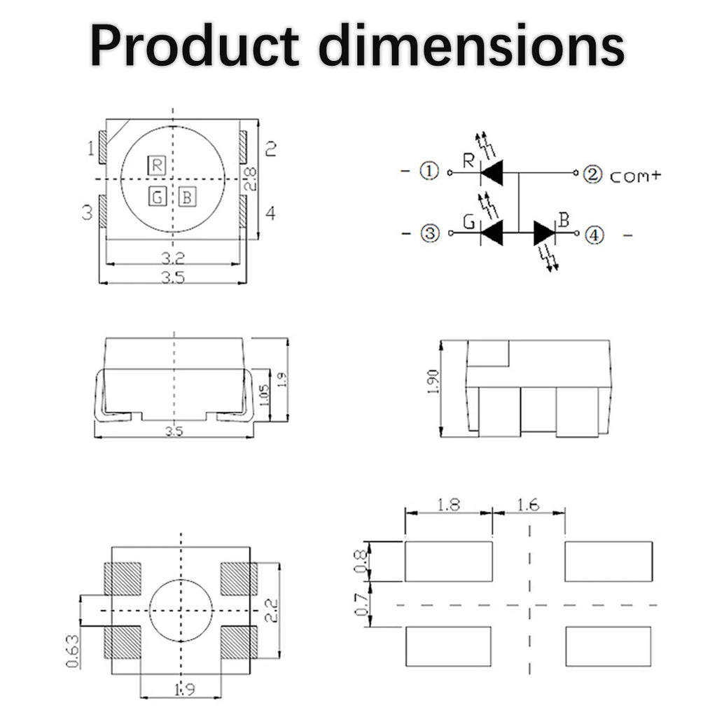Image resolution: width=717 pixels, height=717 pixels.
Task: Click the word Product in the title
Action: [195, 46]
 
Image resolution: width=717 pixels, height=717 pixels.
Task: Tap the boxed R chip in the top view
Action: [157, 165]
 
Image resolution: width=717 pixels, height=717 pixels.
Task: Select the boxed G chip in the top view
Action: [158, 197]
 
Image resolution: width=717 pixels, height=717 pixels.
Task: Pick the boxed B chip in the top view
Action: [187, 197]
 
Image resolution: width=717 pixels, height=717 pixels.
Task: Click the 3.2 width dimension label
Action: [173, 259]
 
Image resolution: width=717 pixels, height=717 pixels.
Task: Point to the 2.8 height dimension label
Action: [251, 179]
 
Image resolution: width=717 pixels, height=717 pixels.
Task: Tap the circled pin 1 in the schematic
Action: [429, 171]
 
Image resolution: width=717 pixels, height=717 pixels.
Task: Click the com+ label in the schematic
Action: [636, 176]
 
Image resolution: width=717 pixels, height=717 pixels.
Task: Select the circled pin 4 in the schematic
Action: [594, 235]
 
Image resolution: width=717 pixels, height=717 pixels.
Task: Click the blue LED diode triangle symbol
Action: [543, 233]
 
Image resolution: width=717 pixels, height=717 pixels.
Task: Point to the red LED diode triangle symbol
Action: [492, 173]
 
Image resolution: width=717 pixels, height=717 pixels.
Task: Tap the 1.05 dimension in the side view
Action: [264, 395]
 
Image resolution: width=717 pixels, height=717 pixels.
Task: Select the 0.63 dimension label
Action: [73, 651]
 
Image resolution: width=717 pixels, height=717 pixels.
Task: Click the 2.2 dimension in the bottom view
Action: [272, 611]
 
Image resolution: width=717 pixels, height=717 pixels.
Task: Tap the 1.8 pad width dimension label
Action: [448, 505]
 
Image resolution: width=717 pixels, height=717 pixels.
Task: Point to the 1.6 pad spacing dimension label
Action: [528, 505]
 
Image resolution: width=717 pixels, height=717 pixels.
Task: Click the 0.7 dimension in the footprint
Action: [361, 604]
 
